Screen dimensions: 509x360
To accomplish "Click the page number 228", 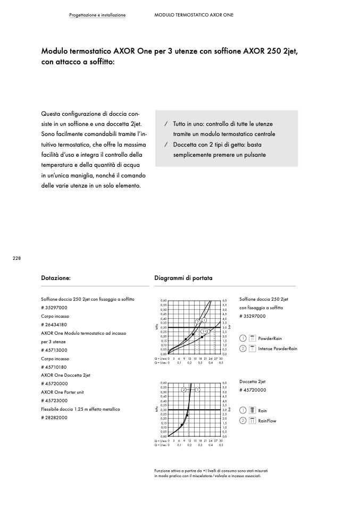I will pos(16,258).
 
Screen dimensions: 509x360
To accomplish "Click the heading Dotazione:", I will pos(56,278).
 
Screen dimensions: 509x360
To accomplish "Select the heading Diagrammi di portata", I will pos(183,278).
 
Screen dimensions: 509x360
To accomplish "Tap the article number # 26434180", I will pos(54,324).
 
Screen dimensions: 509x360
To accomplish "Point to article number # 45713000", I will pos(54,350).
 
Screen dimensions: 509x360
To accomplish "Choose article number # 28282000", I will pos(54,418).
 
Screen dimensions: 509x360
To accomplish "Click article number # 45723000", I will pos(54,401).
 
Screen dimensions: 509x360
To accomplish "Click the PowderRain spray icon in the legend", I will pos(253,338).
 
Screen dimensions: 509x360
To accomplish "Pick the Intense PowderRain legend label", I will pos(277,349).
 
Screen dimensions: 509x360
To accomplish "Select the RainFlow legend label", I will pos(267,421).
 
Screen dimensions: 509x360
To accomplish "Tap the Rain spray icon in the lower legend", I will pos(253,411).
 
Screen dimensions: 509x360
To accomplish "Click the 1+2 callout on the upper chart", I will pos(205,332).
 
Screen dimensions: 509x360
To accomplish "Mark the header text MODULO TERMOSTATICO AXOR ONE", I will pos(194,15).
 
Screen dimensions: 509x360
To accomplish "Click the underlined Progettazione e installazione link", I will pos(97,15).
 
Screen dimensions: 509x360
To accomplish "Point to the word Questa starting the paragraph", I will pos(52,114).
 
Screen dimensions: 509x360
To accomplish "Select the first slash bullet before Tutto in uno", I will pos(166,123).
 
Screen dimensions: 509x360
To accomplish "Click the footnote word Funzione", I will pos(163,471).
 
